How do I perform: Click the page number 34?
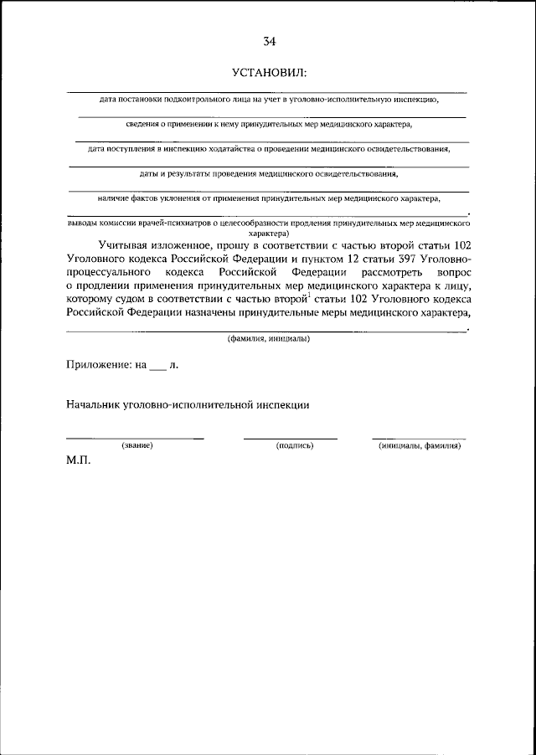click(x=268, y=41)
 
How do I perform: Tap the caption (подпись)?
click(x=294, y=445)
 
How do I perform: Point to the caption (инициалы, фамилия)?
click(x=419, y=445)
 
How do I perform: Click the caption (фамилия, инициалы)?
click(x=268, y=339)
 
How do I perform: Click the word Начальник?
click(x=95, y=405)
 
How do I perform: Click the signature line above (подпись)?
click(x=291, y=437)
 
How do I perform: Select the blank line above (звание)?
click(x=135, y=437)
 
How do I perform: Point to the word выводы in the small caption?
click(x=82, y=224)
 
